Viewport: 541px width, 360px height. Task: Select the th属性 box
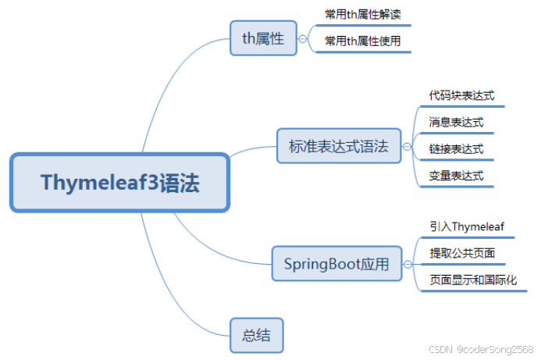tap(263, 38)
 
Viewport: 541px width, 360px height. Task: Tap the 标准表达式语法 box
tap(338, 146)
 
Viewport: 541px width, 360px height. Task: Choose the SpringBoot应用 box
tap(331, 264)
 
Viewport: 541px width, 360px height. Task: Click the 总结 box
tap(256, 336)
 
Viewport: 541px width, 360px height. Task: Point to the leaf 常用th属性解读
tap(362, 15)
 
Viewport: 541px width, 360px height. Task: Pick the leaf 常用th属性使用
tap(362, 41)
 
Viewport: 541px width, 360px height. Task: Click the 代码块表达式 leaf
tap(461, 95)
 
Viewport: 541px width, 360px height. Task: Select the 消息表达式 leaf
tap(456, 122)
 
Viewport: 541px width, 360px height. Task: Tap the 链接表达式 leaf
tap(456, 148)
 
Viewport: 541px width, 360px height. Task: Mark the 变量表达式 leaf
tap(456, 175)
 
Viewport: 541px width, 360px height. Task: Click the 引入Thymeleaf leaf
tap(467, 226)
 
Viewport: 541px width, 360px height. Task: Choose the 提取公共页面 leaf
tap(461, 253)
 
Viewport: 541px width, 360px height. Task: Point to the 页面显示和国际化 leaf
tap(472, 280)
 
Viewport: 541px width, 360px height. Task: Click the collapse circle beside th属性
tap(303, 38)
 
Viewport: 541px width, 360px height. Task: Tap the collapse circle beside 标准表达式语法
tap(406, 146)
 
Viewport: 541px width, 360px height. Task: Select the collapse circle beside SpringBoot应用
tap(407, 265)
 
